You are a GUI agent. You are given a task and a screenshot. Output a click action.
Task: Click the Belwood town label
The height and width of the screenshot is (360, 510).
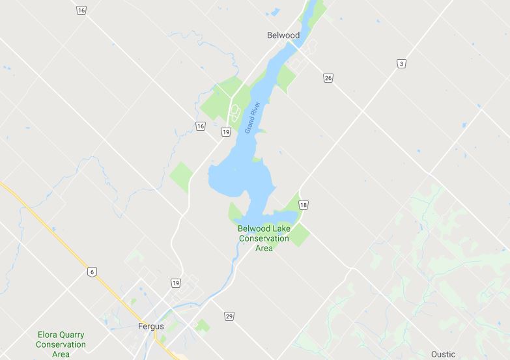click(x=283, y=35)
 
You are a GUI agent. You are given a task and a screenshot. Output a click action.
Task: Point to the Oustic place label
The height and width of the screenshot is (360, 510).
click(x=443, y=354)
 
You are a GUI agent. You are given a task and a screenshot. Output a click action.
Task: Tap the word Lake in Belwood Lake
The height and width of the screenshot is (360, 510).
click(x=278, y=229)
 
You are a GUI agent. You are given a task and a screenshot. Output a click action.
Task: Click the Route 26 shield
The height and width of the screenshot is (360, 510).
click(x=328, y=78)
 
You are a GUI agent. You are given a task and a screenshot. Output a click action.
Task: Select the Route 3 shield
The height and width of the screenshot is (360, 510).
click(x=401, y=63)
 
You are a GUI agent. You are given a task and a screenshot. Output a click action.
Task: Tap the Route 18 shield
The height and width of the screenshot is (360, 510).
click(x=303, y=205)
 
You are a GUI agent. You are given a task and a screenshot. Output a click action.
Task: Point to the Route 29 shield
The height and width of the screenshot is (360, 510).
click(x=229, y=316)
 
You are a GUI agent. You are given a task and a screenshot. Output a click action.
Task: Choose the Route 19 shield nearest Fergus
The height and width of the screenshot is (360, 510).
click(x=175, y=283)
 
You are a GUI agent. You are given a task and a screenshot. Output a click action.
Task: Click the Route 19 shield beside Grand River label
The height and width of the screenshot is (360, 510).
click(x=225, y=132)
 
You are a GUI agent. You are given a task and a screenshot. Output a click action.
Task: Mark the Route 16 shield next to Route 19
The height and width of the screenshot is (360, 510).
click(x=200, y=126)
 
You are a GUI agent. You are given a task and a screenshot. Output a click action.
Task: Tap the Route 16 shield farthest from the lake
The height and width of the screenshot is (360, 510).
click(x=81, y=10)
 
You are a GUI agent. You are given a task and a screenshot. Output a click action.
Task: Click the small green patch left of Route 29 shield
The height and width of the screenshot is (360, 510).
click(x=203, y=324)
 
